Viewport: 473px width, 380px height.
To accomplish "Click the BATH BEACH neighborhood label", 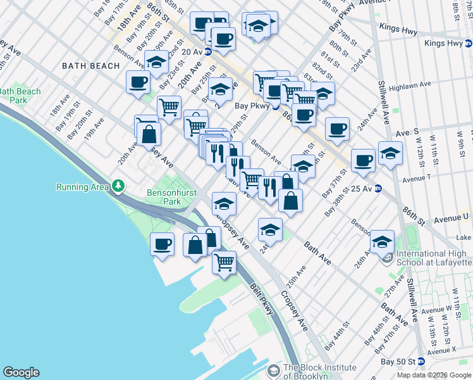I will (x=90, y=66).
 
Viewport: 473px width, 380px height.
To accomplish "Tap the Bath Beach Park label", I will (x=20, y=96).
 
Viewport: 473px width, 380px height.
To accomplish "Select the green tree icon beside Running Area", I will (x=118, y=186).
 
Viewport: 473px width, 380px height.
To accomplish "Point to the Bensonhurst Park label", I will (x=164, y=197).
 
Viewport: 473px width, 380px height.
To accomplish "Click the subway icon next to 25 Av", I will (x=378, y=188).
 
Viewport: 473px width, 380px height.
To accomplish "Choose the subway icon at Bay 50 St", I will (x=421, y=362).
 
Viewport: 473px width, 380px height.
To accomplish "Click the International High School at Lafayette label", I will (x=434, y=258).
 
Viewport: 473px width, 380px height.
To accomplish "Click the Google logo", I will (x=21, y=372).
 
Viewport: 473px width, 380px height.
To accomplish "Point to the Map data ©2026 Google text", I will (x=433, y=375).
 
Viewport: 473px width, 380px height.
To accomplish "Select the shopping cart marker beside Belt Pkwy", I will (x=224, y=262).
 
